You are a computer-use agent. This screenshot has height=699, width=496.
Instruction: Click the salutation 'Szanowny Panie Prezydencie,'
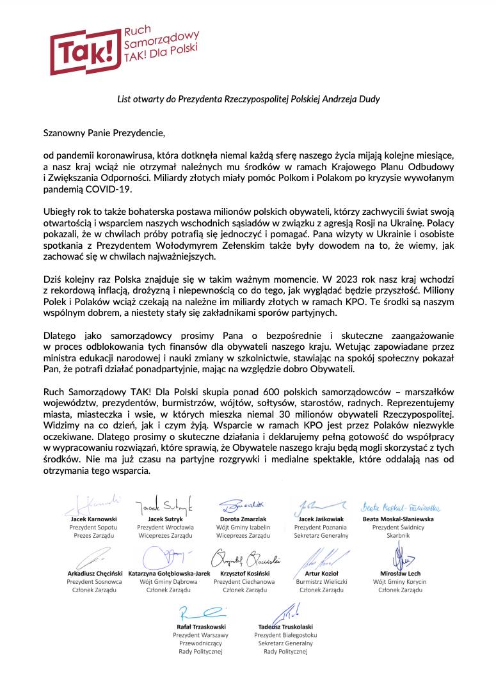pos(104,134)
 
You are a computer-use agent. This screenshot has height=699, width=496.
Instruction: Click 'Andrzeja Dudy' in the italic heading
pos(353,100)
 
